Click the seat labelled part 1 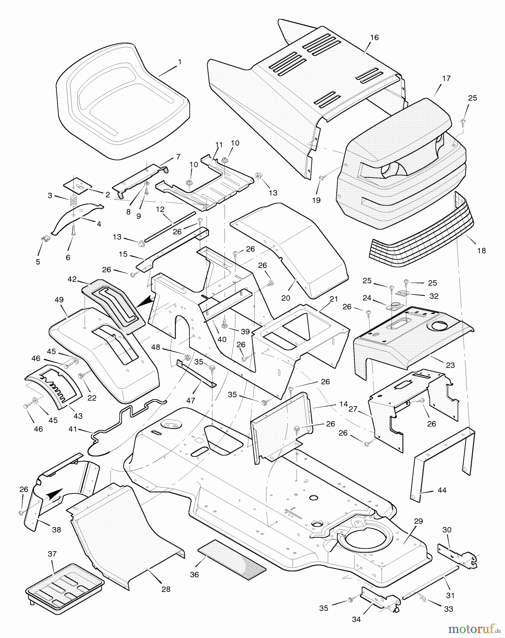click(x=121, y=103)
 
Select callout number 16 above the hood click(x=374, y=37)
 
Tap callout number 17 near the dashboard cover click(x=446, y=78)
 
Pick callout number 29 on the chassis click(x=418, y=521)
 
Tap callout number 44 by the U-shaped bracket click(x=442, y=490)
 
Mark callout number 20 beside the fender click(x=286, y=298)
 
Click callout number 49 click(x=59, y=300)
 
